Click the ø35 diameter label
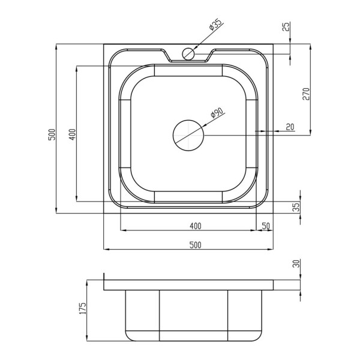click(x=215, y=25)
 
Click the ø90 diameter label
click(x=217, y=112)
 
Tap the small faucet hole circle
click(x=188, y=54)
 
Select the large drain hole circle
click(x=188, y=135)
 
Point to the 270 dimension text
click(x=306, y=94)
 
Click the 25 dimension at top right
click(x=286, y=26)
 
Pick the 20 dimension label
click(x=290, y=127)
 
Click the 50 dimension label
click(x=265, y=226)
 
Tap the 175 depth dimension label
click(x=83, y=308)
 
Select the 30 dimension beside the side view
click(x=296, y=263)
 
